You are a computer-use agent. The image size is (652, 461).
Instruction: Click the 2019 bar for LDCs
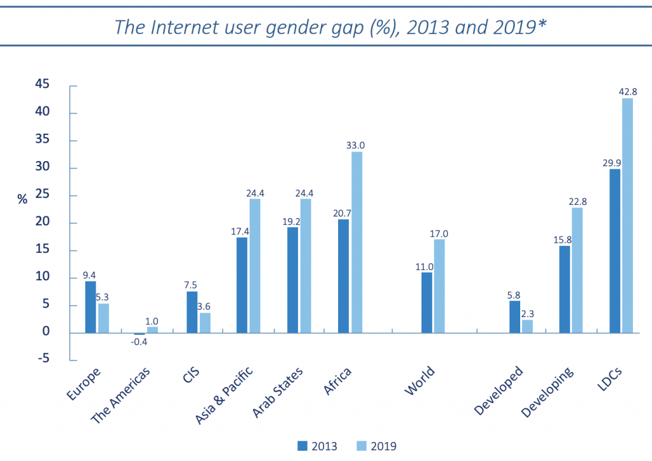pos(627,215)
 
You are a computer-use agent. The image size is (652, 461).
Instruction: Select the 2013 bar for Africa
pos(343,276)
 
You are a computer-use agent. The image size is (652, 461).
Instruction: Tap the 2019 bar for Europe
pos(103,318)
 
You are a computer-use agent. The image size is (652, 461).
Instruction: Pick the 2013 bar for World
pos(426,302)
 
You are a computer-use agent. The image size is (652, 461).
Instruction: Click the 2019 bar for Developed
pos(527,326)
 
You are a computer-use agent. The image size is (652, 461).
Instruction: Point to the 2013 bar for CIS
pos(192,312)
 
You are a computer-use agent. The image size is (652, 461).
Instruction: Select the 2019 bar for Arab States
pos(306,266)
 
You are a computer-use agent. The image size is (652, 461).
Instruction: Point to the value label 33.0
pos(356,146)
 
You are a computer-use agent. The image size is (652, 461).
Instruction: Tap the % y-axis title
pos(22,199)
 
